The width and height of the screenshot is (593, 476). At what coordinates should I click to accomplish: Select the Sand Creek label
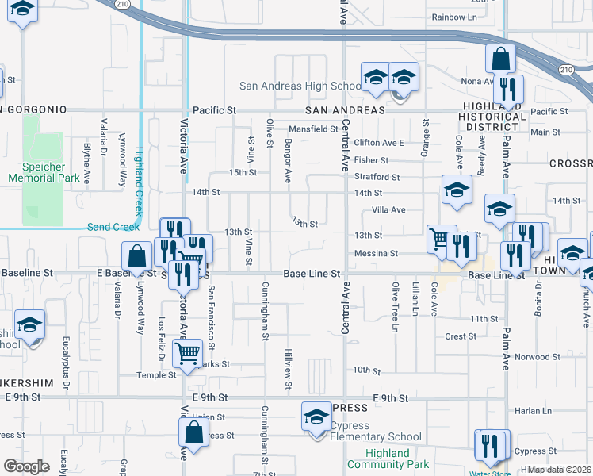click(x=113, y=227)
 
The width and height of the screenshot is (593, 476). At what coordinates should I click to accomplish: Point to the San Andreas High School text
click(x=301, y=86)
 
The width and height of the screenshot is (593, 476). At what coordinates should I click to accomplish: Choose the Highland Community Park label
click(x=397, y=459)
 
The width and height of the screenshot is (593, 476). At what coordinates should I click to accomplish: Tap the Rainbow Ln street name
click(x=454, y=17)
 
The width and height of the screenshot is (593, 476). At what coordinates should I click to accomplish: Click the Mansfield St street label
click(x=313, y=129)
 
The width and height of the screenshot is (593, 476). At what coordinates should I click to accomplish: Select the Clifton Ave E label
click(x=379, y=143)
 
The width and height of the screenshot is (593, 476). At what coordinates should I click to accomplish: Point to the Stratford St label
click(x=377, y=176)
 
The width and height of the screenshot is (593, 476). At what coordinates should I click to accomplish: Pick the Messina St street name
click(x=376, y=253)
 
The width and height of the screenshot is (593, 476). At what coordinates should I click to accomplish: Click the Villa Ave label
click(x=388, y=210)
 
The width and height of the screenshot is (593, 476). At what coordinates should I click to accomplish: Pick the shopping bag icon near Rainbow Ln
click(x=500, y=58)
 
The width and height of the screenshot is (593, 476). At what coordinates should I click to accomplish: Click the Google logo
click(x=26, y=466)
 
